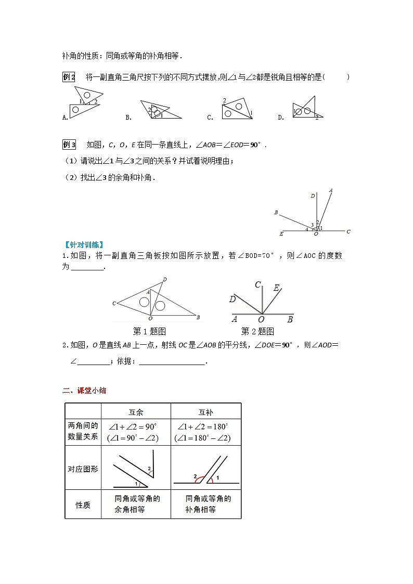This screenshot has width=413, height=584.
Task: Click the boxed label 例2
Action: [69, 77]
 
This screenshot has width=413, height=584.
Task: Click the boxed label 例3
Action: [69, 145]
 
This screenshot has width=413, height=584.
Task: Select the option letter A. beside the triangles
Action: [65, 118]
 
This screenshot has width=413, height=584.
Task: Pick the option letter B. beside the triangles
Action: [128, 118]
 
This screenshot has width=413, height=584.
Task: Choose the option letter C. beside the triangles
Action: [210, 118]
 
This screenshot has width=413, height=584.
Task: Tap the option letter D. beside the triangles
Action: [281, 118]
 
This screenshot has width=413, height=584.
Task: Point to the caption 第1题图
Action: [149, 331]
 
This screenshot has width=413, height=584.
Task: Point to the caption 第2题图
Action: [257, 331]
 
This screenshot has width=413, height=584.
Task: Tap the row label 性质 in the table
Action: [83, 504]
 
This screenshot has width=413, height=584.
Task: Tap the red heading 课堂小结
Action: [92, 391]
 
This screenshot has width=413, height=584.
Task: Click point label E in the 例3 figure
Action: [281, 234]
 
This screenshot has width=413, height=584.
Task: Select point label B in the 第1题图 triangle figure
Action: [198, 316]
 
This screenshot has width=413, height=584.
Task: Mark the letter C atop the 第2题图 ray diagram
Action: [257, 285]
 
